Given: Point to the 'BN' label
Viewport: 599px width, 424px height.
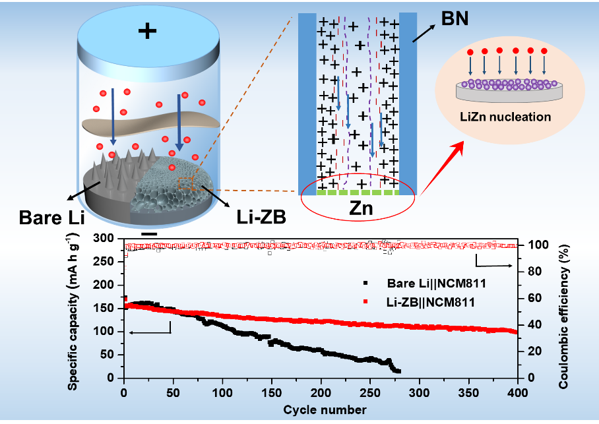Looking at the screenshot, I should point(455,18).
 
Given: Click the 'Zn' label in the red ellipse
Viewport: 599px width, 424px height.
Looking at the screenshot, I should point(358,210).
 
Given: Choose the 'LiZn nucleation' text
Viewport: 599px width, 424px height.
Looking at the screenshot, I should point(505,117).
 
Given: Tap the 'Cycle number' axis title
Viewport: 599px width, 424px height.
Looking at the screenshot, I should point(321,409).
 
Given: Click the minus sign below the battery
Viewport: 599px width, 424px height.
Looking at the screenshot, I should point(149,234).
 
